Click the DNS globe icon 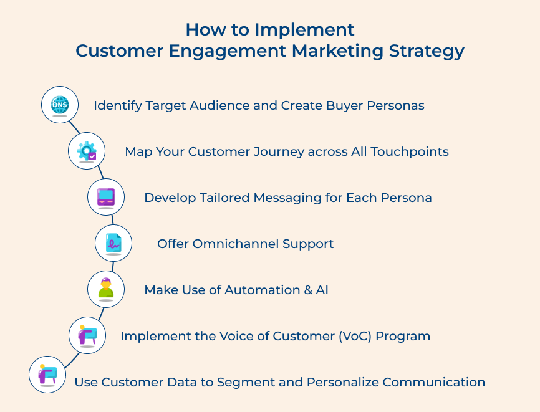pyautogui.click(x=60, y=105)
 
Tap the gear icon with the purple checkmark pyautogui.click(x=87, y=151)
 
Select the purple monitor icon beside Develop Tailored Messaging pyautogui.click(x=106, y=197)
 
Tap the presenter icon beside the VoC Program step pyautogui.click(x=87, y=335)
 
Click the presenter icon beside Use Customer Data pyautogui.click(x=47, y=374)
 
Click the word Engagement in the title pyautogui.click(x=228, y=51)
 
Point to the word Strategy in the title pyautogui.click(x=427, y=51)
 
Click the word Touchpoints pyautogui.click(x=410, y=152)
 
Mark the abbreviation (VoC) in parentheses pyautogui.click(x=355, y=336)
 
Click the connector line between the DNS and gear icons pyautogui.click(x=74, y=127)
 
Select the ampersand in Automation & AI pyautogui.click(x=308, y=290)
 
